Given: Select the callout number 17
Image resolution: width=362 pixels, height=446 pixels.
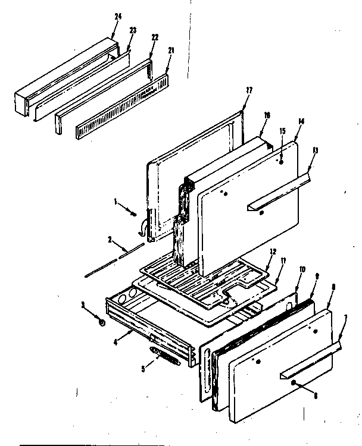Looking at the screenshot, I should (249, 90).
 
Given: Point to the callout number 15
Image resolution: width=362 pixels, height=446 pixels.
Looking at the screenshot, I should (282, 131).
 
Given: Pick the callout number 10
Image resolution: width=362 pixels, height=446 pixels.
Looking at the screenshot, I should (302, 269).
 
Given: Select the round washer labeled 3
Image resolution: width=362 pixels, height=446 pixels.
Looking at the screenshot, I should (102, 323).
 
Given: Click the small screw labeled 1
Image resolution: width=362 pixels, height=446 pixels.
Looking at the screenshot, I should (135, 214).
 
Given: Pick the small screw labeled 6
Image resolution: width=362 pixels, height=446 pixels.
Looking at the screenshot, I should (295, 387).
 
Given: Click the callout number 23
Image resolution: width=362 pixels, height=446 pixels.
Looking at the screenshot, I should (133, 29).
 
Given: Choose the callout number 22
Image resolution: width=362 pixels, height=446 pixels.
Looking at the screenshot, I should (155, 37).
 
